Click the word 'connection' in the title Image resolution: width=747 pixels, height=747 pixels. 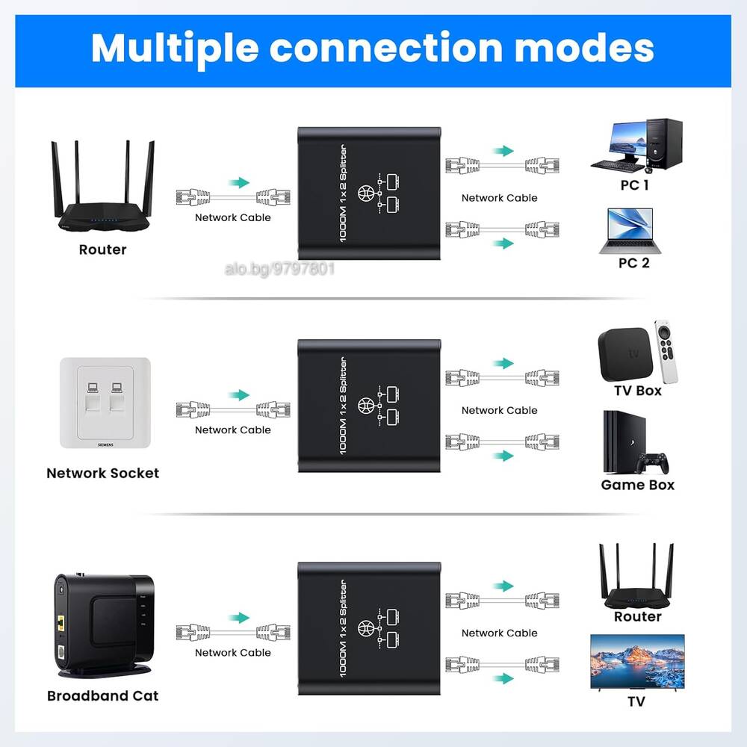coord(386,48)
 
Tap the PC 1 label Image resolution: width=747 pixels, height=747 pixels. coord(634,185)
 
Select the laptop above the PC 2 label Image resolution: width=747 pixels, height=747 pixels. coord(630,231)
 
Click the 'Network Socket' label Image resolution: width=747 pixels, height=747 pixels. coord(103,473)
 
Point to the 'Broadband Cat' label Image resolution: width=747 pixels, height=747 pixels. coord(103,695)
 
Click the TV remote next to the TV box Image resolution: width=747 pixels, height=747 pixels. coord(666,352)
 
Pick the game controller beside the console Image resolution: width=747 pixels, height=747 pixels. coord(653,463)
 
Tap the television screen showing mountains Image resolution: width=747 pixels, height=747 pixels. coord(637,661)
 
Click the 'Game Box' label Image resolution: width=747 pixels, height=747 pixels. coord(637,485)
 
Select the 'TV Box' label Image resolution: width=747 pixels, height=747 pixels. coord(638,391)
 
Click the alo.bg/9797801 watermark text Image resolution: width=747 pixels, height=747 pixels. coord(279,269)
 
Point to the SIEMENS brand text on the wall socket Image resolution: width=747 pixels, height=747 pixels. coord(105,444)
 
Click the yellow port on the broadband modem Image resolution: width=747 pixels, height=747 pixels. coord(61,622)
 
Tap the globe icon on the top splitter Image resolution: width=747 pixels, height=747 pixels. coord(366,193)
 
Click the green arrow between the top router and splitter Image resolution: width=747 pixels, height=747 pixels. coord(239,182)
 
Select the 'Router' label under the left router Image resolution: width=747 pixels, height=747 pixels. coord(103,249)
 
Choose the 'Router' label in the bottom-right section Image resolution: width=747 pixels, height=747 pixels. coord(638,616)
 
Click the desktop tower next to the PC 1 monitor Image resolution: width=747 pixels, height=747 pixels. coord(664,143)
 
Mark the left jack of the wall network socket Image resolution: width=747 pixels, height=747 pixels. coord(93,397)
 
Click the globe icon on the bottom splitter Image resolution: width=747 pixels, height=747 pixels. coord(366,628)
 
